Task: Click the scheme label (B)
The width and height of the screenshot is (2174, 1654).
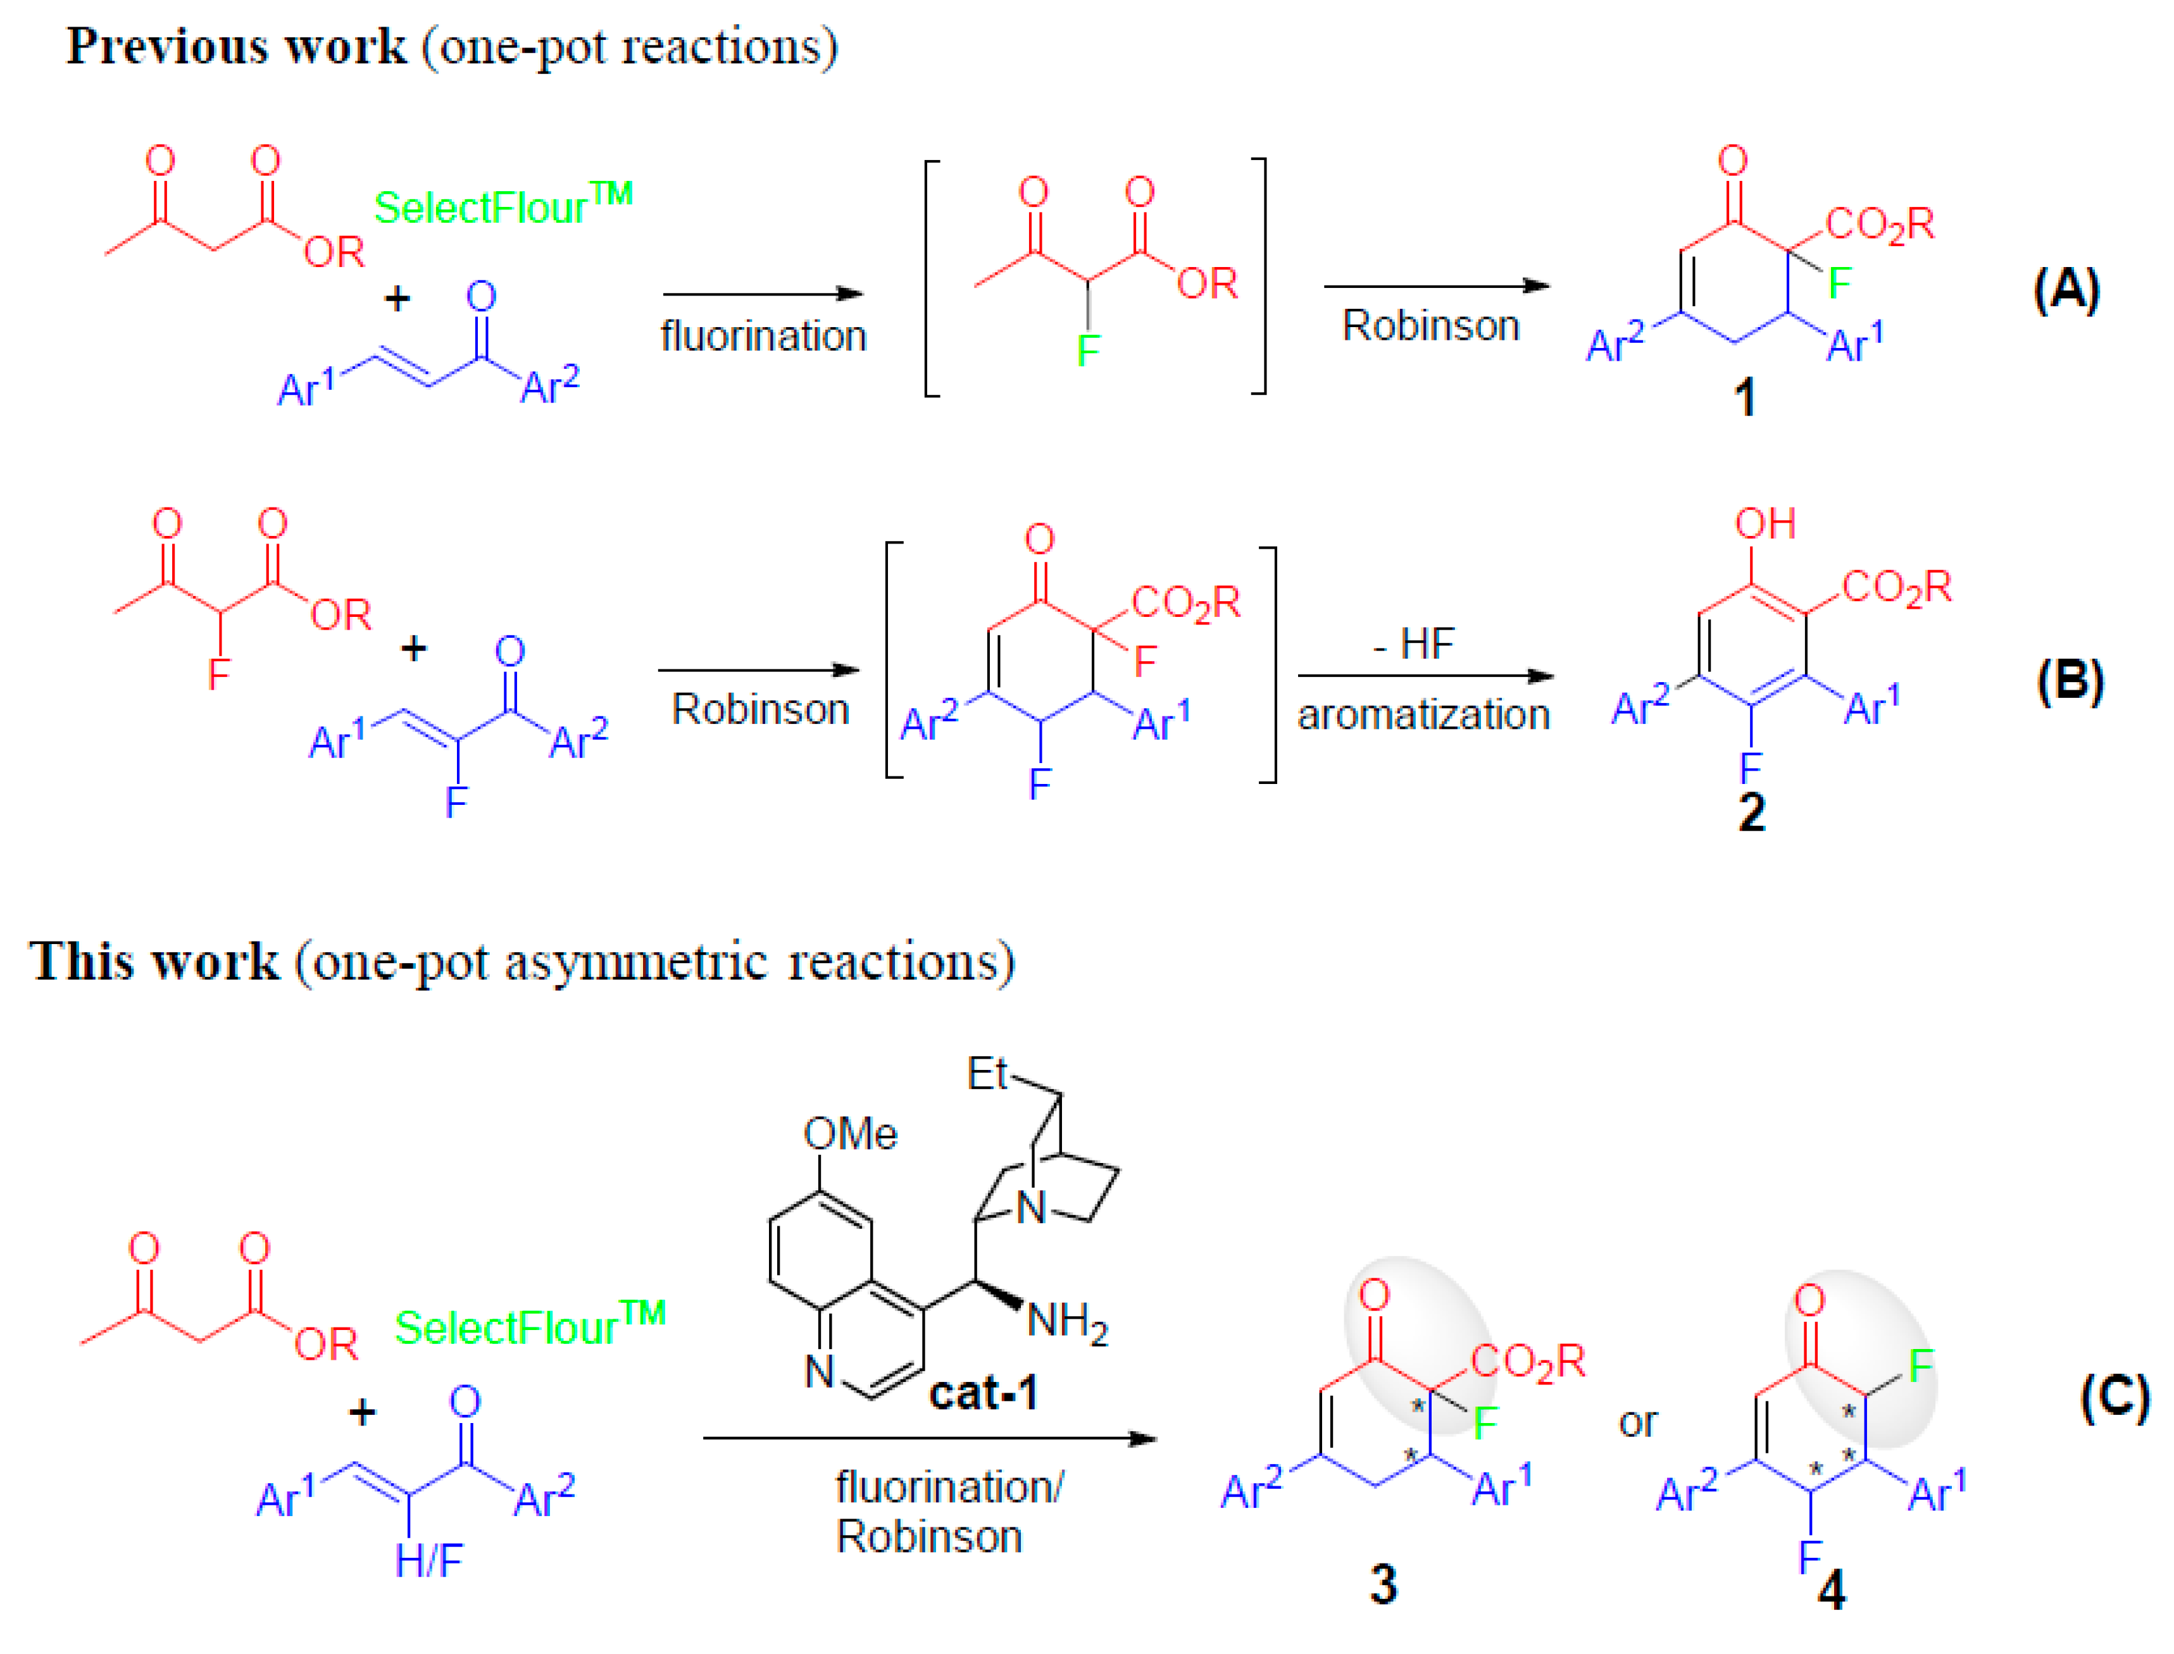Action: coord(2070,681)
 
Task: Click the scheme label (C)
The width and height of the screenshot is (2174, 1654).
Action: coord(2114,1398)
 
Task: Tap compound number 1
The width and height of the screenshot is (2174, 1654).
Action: coord(1744,398)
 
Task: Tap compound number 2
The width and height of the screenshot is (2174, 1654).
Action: coord(1752,813)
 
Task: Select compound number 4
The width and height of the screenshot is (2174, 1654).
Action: coord(1832,1591)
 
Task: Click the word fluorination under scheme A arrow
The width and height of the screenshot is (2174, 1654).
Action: coord(763,337)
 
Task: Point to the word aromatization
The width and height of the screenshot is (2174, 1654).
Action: coord(1423,715)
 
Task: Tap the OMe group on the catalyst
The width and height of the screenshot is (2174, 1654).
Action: coord(850,1134)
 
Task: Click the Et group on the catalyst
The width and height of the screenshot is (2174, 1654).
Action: coord(987,1073)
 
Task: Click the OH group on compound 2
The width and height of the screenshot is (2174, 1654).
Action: coord(1765,524)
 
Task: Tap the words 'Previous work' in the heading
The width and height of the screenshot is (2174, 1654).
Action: coord(236,46)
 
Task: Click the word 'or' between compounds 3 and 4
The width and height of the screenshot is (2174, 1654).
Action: coord(1637,1422)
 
